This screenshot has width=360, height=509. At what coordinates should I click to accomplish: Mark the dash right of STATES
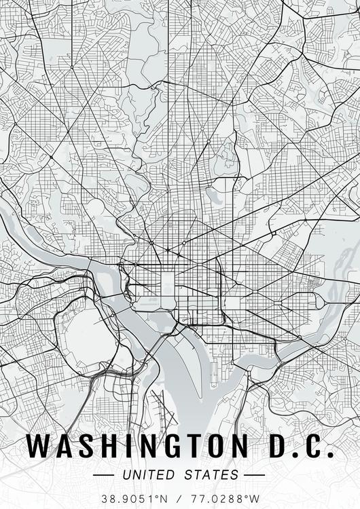point(254,474)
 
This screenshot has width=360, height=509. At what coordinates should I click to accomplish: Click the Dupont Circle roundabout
point(151,242)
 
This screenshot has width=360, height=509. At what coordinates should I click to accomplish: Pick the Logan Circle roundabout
point(183,242)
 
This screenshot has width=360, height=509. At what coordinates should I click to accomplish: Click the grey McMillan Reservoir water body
point(212,196)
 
